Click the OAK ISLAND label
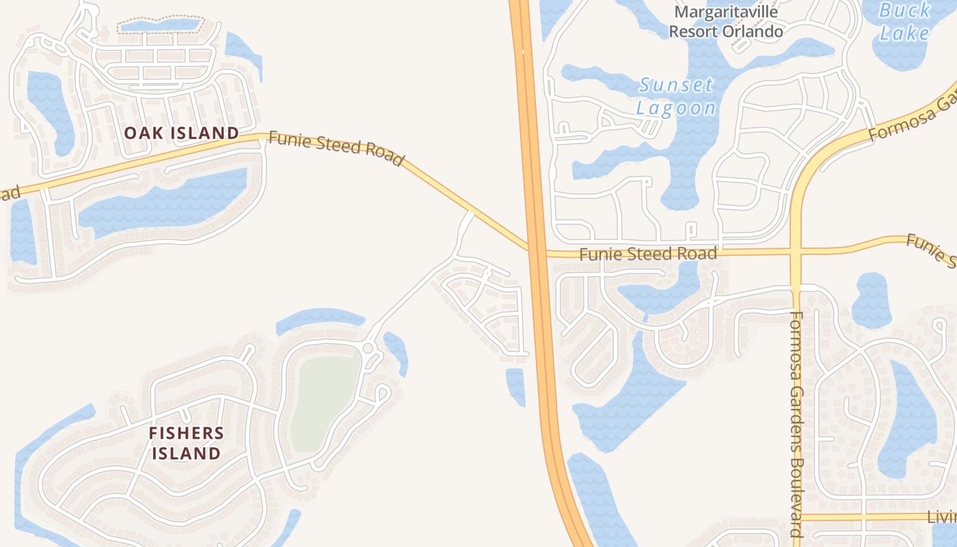click(x=181, y=133)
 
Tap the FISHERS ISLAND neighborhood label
click(x=186, y=442)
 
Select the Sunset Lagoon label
click(x=676, y=96)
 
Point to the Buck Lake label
click(x=904, y=21)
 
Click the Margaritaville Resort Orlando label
click(x=726, y=21)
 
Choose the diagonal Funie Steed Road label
click(x=336, y=148)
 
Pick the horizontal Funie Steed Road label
click(x=648, y=254)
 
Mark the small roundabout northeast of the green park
click(x=368, y=349)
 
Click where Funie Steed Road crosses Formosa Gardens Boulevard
click(x=796, y=252)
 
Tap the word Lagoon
click(x=676, y=107)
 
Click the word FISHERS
click(x=186, y=433)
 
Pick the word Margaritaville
click(x=726, y=12)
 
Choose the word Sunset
click(x=676, y=85)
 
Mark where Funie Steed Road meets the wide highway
click(x=535, y=250)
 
